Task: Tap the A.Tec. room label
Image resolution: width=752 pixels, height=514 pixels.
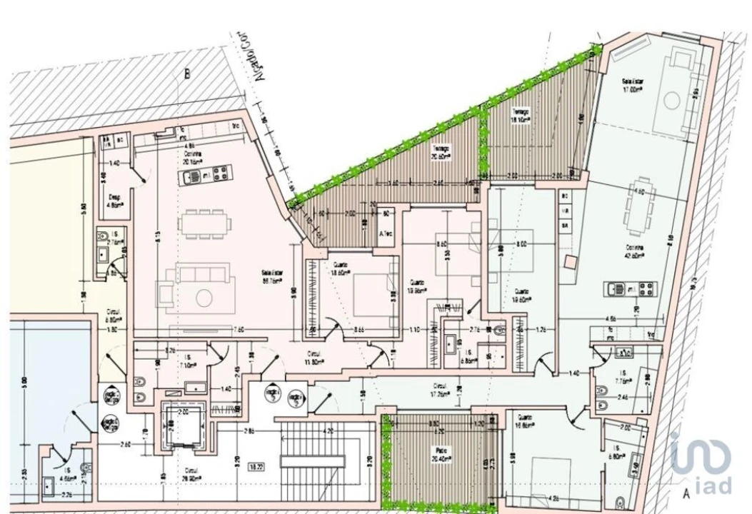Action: pyautogui.click(x=386, y=234)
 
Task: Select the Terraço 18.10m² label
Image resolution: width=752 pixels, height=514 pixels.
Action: pyautogui.click(x=520, y=116)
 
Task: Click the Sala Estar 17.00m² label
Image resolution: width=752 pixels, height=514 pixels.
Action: pyautogui.click(x=633, y=86)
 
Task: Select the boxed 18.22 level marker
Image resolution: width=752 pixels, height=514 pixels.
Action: pyautogui.click(x=256, y=467)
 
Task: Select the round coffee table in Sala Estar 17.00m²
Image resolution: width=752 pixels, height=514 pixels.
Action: pyautogui.click(x=672, y=101)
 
